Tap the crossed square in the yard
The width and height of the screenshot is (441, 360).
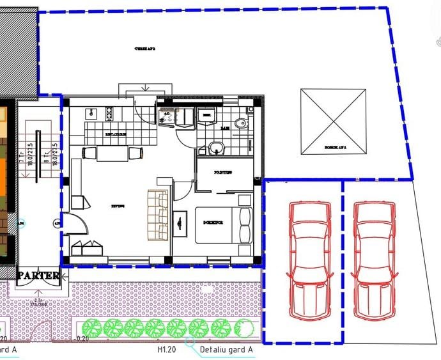pyautogui.click(x=334, y=121)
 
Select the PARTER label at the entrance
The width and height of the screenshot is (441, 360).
pyautogui.click(x=38, y=276)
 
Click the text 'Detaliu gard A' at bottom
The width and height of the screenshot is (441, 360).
pyautogui.click(x=227, y=350)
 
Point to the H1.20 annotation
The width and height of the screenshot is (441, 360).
pyautogui.click(x=166, y=350)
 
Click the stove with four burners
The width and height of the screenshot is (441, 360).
pyautogui.click(x=109, y=113)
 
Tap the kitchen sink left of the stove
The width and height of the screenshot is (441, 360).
pyautogui.click(x=92, y=113)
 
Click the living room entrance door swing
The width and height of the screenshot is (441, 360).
pyautogui.click(x=75, y=226)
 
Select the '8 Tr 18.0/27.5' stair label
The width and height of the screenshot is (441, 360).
pyautogui.click(x=54, y=153)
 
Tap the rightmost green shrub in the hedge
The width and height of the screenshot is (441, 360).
pyautogui.click(x=242, y=329)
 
